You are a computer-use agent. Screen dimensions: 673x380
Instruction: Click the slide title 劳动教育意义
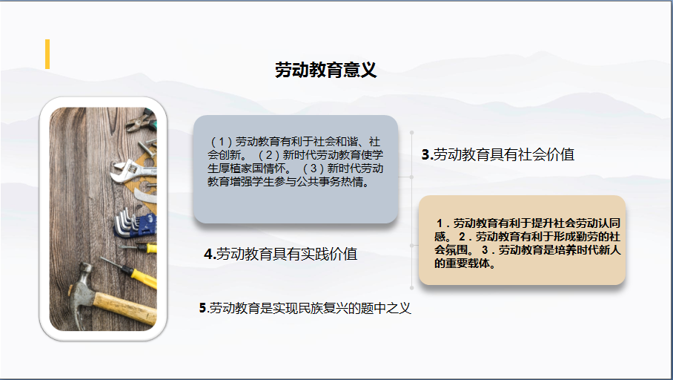(x=326, y=70)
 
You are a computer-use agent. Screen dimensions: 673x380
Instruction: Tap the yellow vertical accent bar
(x=47, y=54)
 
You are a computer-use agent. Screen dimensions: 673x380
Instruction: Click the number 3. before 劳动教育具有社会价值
(x=427, y=154)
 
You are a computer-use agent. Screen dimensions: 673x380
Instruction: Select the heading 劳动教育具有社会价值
(x=503, y=154)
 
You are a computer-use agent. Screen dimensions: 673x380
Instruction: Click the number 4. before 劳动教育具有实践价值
(x=210, y=254)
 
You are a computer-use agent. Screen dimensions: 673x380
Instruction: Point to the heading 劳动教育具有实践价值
(x=287, y=254)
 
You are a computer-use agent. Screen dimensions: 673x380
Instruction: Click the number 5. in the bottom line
(x=203, y=308)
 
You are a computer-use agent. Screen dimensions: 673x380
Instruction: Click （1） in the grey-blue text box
(x=222, y=142)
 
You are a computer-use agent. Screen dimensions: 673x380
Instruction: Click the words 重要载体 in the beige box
(x=467, y=263)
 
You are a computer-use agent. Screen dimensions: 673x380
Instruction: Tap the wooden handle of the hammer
(x=125, y=306)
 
